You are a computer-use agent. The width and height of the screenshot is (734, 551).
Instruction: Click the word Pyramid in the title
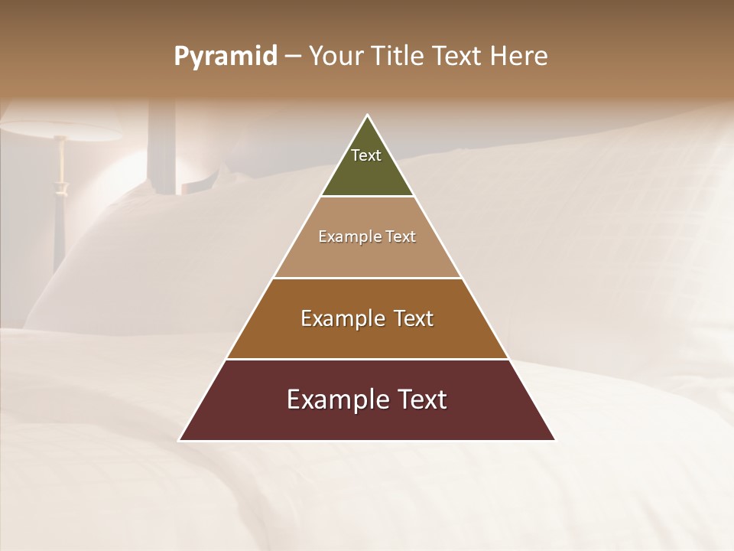pyautogui.click(x=226, y=57)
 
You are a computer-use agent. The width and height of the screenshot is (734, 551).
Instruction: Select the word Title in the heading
pyautogui.click(x=400, y=57)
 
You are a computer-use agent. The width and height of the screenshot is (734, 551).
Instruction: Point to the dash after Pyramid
pyautogui.click(x=293, y=57)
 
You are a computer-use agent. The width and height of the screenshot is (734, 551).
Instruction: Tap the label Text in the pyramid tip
pyautogui.click(x=366, y=155)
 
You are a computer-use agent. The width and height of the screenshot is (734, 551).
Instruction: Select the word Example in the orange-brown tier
pyautogui.click(x=341, y=318)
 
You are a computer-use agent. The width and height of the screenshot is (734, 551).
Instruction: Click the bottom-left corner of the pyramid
pyautogui.click(x=180, y=439)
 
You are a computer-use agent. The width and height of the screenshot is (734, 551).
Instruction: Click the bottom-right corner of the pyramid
pyautogui.click(x=554, y=439)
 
